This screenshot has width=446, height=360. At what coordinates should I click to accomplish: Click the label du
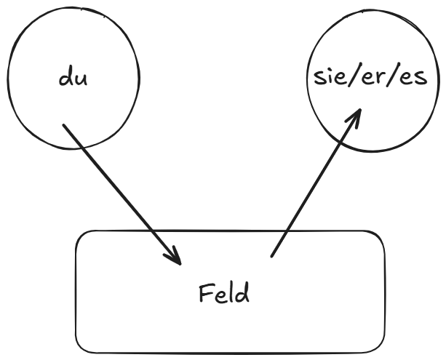coord(73,78)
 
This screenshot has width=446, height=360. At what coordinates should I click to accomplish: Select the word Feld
coord(223,294)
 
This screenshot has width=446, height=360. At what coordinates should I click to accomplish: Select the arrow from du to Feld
coord(120,192)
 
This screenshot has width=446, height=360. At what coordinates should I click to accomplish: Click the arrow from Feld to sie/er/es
coord(314,185)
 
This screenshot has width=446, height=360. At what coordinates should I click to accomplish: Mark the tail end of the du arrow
coord(63,125)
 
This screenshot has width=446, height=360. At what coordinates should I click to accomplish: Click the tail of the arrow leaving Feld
coord(272,255)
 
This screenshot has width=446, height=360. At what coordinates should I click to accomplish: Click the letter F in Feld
coord(204,294)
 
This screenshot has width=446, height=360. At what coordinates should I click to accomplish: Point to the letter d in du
coord(66,77)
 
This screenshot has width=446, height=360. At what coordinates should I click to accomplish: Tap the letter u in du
coord(81,79)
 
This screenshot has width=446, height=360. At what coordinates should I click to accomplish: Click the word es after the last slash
coord(413,79)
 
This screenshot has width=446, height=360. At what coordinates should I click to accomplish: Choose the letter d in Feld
coord(242,293)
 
